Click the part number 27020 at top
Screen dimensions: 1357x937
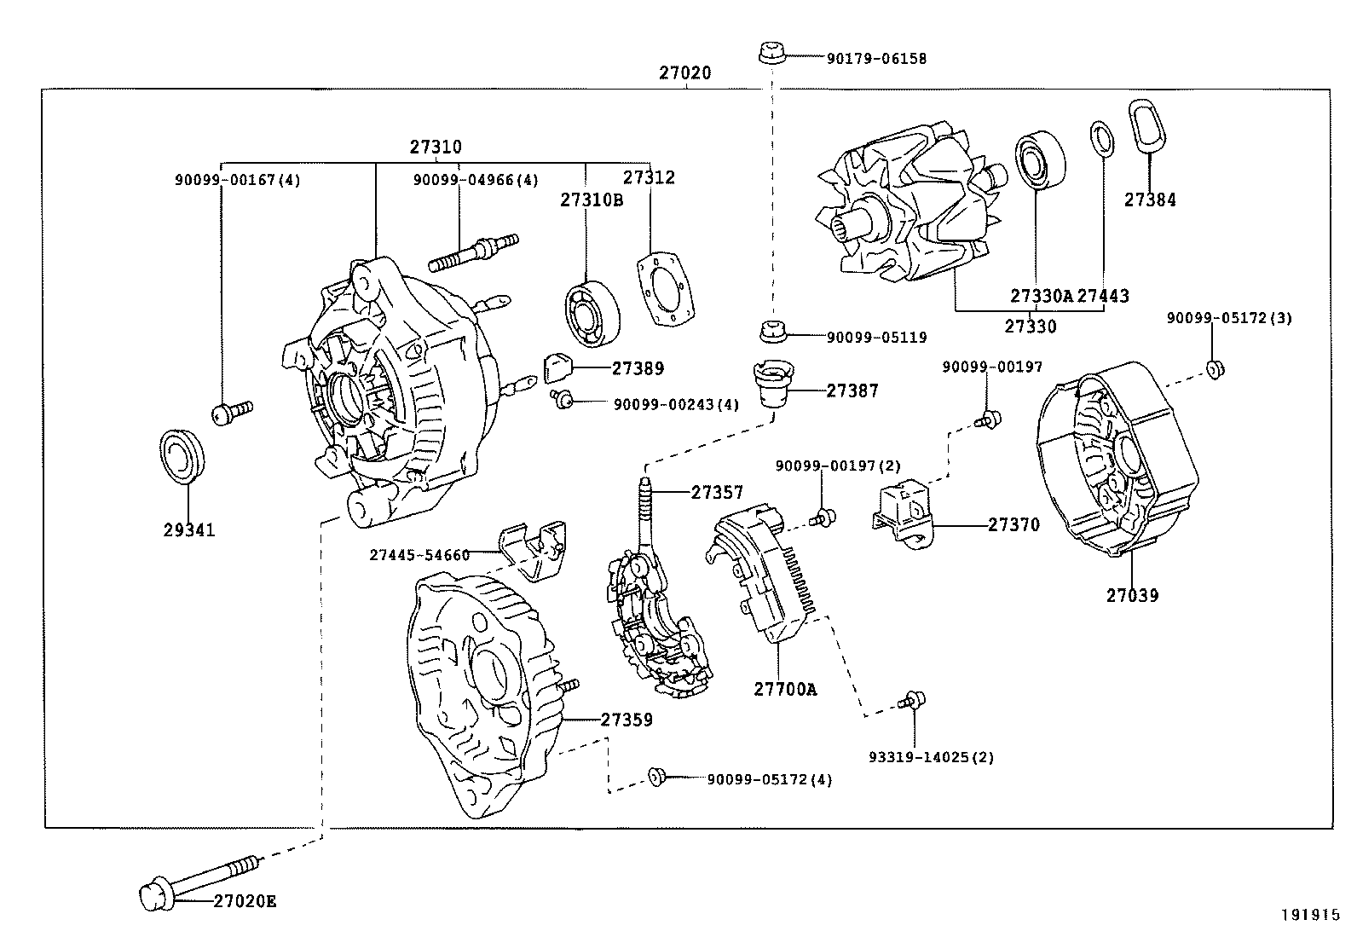[x=684, y=72]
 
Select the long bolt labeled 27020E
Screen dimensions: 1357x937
[x=200, y=882]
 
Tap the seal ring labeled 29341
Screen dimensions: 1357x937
[x=182, y=456]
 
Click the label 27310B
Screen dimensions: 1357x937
[x=592, y=200]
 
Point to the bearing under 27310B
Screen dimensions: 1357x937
[x=592, y=314]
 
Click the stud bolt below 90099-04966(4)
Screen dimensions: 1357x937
[x=474, y=252]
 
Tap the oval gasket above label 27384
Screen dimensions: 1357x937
[x=1146, y=126]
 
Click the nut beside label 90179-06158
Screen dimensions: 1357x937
[x=772, y=52]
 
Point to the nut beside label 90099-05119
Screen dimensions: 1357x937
[x=773, y=331]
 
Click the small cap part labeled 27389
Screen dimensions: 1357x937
[x=557, y=367]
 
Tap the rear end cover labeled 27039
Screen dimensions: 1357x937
[x=1117, y=458]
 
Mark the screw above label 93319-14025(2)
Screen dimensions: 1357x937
[x=912, y=700]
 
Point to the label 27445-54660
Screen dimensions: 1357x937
[x=419, y=555]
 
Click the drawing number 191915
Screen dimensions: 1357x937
[x=1310, y=915]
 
